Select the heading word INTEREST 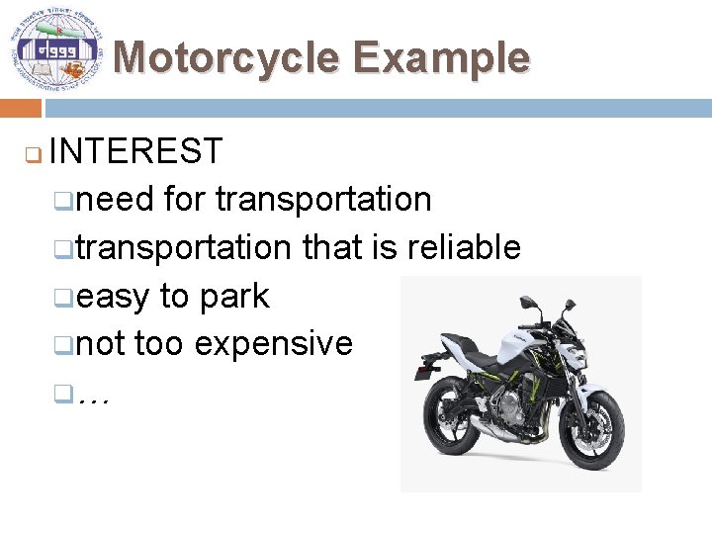coord(135,151)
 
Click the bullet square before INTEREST coord(31,154)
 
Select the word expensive coord(274,343)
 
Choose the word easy coord(113,296)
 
